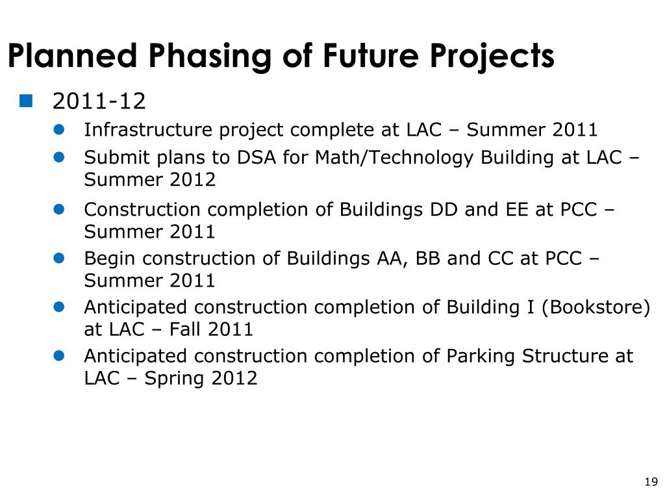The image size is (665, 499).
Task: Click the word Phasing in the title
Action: (x=209, y=57)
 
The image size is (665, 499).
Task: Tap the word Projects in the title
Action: (x=492, y=57)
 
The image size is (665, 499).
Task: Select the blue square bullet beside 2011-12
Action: (x=26, y=101)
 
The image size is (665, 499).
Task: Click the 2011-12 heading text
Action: (x=99, y=101)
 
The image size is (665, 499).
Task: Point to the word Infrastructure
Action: (x=148, y=129)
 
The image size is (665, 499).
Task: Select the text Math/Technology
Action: (x=394, y=158)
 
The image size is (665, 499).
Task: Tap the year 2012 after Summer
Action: (x=192, y=179)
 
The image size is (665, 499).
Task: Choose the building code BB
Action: (x=427, y=258)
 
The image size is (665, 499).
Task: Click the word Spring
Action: (x=174, y=379)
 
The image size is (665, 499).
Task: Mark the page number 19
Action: (x=651, y=481)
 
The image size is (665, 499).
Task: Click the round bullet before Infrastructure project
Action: (x=59, y=129)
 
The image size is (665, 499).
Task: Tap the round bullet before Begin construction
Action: (x=59, y=258)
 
